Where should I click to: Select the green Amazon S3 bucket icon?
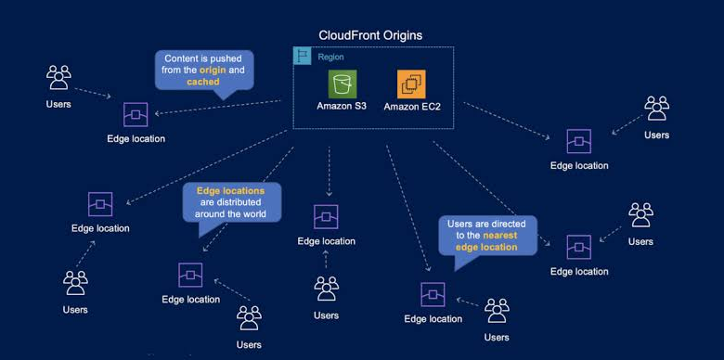coord(343,84)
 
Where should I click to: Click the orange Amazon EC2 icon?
coord(411,84)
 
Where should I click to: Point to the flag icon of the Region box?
coord(303,56)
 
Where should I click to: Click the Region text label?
coord(330,58)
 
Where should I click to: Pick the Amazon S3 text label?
coord(342,106)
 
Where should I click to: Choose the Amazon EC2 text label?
coord(412,107)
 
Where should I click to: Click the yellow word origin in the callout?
coord(213,71)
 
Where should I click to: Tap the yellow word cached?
coord(203,82)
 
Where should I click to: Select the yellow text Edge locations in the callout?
coord(231,190)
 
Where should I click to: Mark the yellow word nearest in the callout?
coord(500,236)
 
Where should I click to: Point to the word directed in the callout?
coord(509,224)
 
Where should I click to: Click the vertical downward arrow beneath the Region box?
coord(329,172)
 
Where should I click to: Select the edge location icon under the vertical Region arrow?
coord(326,217)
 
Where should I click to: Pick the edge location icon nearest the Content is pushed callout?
coord(136,114)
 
